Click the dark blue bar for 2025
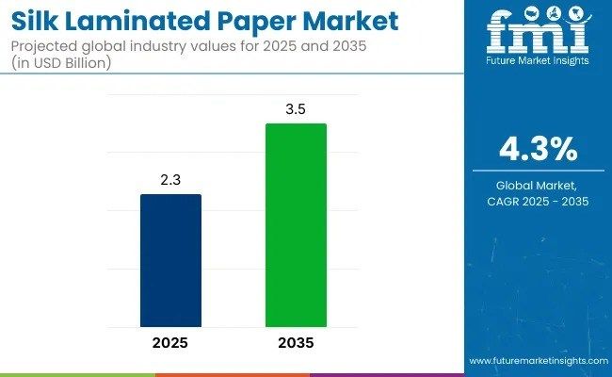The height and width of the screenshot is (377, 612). coord(170,258)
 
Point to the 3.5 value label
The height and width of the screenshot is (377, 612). coord(295,109)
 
